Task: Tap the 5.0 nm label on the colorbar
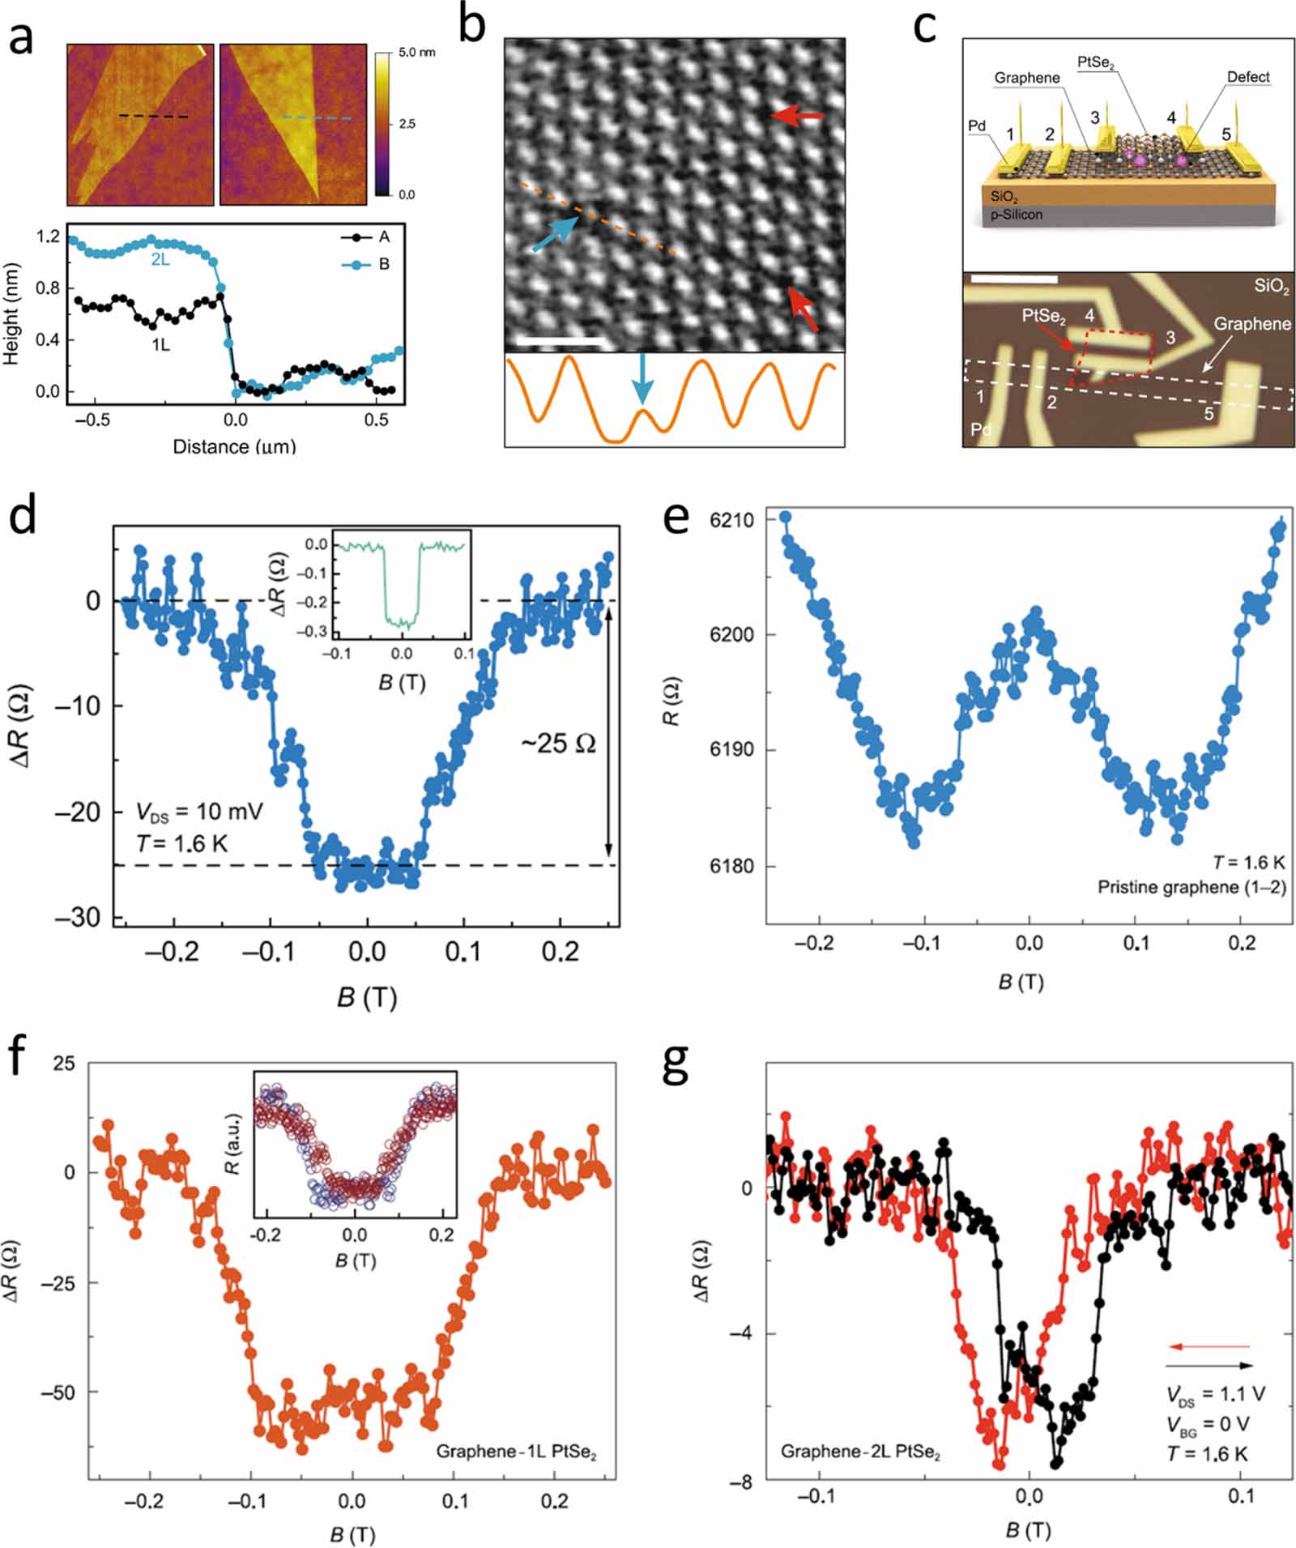[416, 53]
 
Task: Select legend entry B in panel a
[384, 264]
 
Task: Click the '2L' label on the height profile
[160, 260]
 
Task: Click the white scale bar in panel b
[561, 342]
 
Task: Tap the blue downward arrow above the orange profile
[642, 377]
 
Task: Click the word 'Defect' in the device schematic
[1248, 77]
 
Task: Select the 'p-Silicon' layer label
[1017, 215]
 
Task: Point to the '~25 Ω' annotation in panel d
[558, 744]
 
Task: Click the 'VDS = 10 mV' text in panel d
[199, 811]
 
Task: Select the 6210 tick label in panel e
[731, 520]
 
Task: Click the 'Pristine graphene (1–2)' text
[1191, 887]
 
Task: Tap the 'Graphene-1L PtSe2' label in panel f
[516, 1451]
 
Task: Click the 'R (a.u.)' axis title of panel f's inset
[233, 1155]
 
